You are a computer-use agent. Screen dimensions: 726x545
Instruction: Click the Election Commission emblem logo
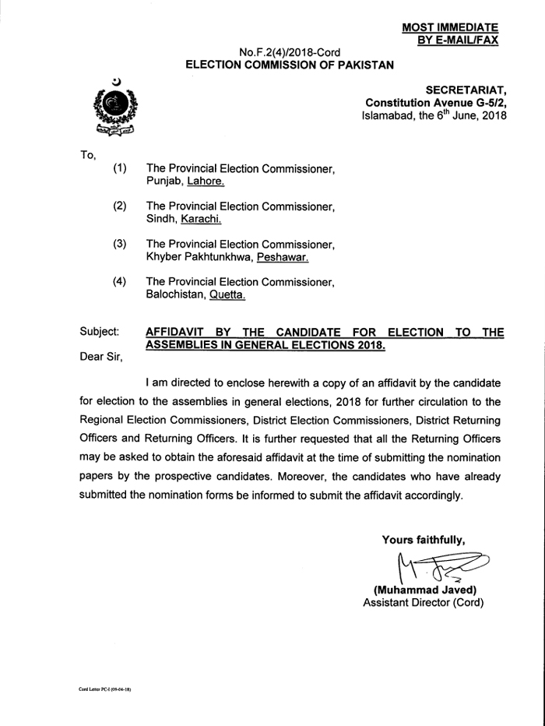tap(114, 108)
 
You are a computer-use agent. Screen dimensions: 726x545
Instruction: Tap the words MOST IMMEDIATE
tap(450, 27)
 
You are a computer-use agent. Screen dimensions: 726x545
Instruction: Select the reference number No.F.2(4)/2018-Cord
tap(290, 52)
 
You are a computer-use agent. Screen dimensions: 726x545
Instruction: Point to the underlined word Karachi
tap(201, 220)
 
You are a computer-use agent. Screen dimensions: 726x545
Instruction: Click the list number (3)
tap(120, 244)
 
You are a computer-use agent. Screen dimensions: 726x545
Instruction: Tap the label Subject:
tap(100, 333)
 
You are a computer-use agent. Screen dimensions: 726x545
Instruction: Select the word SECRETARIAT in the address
tap(466, 90)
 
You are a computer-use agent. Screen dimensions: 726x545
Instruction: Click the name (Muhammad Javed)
tap(424, 590)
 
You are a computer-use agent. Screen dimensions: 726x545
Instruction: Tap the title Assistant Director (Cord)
tap(424, 602)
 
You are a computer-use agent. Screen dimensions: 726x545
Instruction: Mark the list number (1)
tap(120, 168)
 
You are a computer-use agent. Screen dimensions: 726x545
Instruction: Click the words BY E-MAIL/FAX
tap(457, 39)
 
